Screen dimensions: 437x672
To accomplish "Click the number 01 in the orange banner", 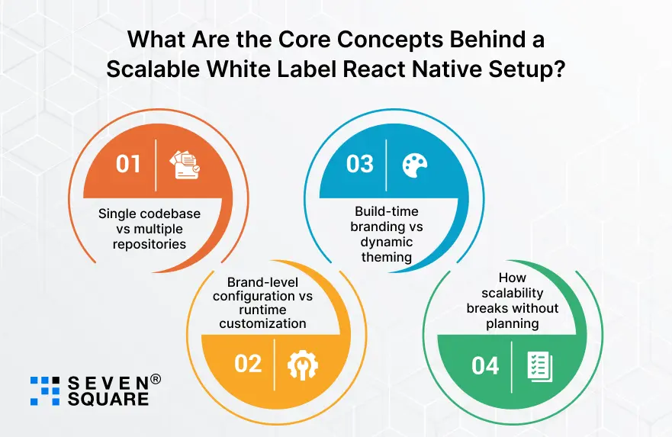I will click(129, 164).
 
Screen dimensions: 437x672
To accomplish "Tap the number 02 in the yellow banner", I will click(248, 364).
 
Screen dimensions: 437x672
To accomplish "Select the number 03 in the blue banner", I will click(360, 164).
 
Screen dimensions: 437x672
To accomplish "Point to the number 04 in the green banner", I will click(485, 365).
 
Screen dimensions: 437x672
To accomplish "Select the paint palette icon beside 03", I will click(414, 164).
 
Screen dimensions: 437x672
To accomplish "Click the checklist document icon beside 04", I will click(539, 366).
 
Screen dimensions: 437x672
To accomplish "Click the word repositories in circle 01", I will click(149, 244).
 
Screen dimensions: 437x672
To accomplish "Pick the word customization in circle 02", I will click(263, 323).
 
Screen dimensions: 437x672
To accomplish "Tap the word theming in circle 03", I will click(386, 256).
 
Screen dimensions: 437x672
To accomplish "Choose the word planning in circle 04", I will click(512, 323).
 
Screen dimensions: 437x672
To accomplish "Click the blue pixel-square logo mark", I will click(45, 390).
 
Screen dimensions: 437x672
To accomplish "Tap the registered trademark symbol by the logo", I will click(155, 379).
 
